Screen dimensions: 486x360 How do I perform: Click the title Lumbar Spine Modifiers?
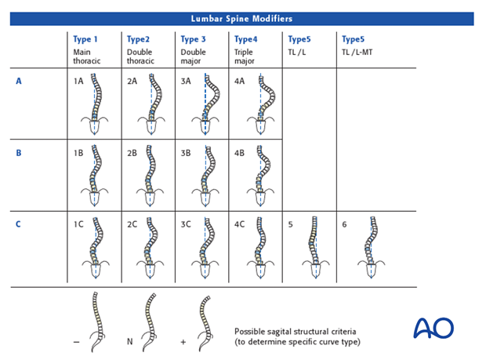point(241,18)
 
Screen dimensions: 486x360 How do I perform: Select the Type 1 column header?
point(85,39)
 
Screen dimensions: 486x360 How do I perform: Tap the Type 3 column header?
point(193,39)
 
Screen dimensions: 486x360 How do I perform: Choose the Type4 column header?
point(246,39)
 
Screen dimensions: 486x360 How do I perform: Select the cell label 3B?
point(186,154)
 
